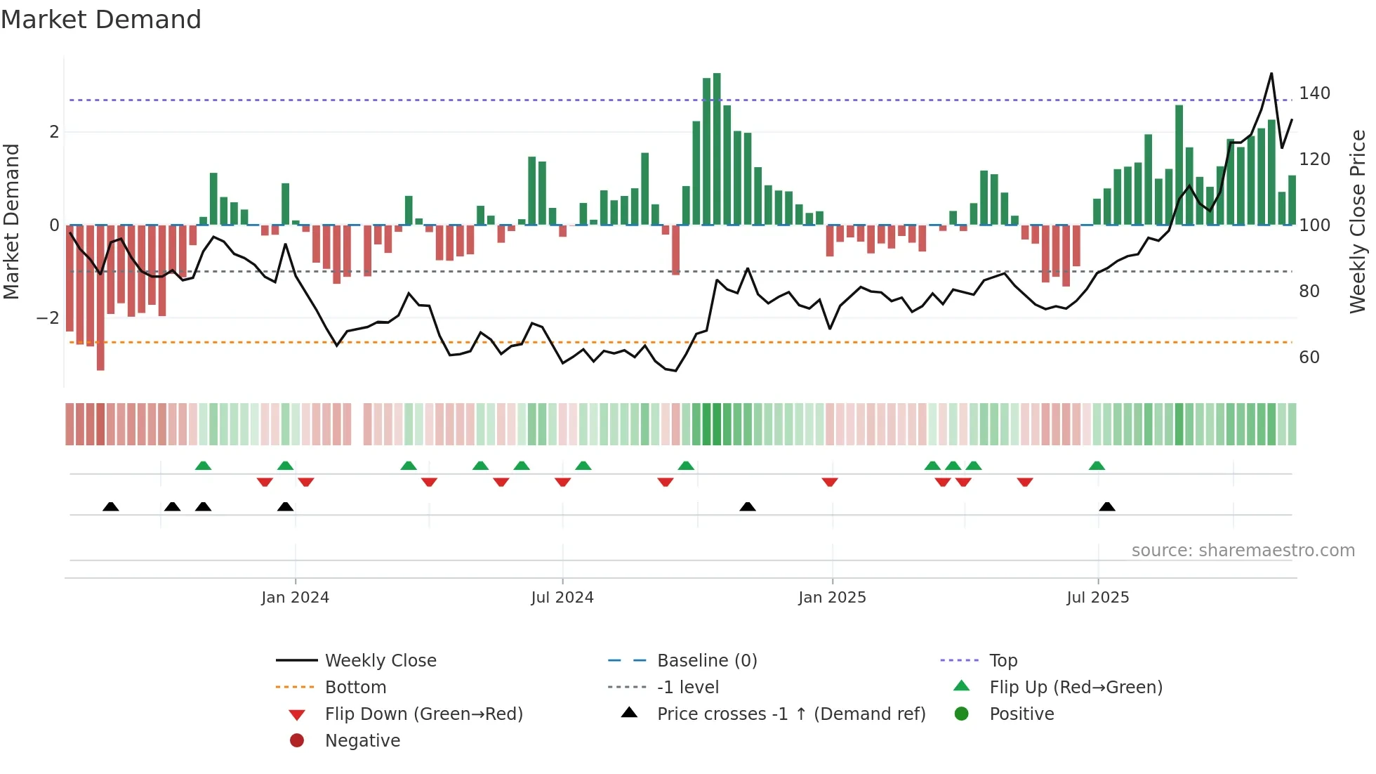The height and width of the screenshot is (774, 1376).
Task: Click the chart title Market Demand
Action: [x=101, y=20]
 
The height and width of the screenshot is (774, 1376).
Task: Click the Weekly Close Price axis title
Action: [x=1358, y=221]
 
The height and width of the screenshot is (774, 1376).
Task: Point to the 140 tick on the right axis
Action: [x=1314, y=93]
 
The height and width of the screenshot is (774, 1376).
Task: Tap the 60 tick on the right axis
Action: [x=1309, y=358]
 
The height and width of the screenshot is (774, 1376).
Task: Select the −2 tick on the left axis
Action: [x=48, y=318]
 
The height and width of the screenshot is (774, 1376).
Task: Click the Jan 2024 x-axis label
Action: [x=295, y=598]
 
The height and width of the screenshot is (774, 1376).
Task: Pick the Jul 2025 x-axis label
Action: [x=1097, y=598]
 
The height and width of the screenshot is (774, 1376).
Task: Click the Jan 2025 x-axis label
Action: [x=832, y=598]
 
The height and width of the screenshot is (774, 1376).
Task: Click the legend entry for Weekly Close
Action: [x=380, y=661]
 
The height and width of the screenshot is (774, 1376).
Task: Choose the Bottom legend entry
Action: [x=355, y=688]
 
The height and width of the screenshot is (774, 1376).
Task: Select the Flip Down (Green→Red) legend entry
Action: [x=423, y=714]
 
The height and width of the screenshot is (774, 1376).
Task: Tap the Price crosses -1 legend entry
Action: [x=790, y=714]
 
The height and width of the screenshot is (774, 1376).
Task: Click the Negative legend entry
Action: [x=362, y=741]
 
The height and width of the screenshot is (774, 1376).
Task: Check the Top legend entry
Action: [x=1003, y=661]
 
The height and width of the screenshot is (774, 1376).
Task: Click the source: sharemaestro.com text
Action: [x=1243, y=551]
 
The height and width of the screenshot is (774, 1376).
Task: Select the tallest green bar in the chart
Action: [x=717, y=149]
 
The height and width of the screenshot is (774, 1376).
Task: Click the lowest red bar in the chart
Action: [x=100, y=297]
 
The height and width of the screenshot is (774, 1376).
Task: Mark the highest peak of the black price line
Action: [x=1271, y=74]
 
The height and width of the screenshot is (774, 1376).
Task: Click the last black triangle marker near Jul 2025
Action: [x=1107, y=507]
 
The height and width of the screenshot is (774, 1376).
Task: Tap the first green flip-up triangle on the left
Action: [x=203, y=466]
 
